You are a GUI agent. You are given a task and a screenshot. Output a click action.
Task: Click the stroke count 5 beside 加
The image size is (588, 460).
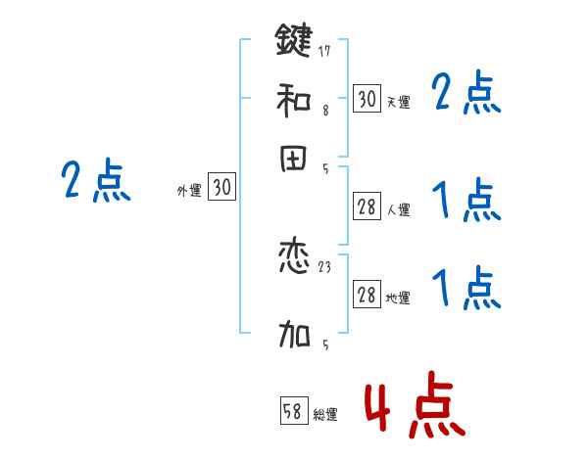point(324,345)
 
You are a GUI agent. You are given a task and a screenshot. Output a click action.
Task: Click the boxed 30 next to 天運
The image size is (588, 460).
point(367,99)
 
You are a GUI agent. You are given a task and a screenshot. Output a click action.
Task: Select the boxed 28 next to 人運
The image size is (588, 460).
point(367,207)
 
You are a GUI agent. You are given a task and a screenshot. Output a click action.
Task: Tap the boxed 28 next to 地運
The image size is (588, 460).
point(367,296)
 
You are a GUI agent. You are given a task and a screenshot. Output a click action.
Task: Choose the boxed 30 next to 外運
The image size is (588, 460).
point(222,189)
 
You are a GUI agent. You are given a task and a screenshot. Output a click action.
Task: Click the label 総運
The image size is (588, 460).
point(325,415)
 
